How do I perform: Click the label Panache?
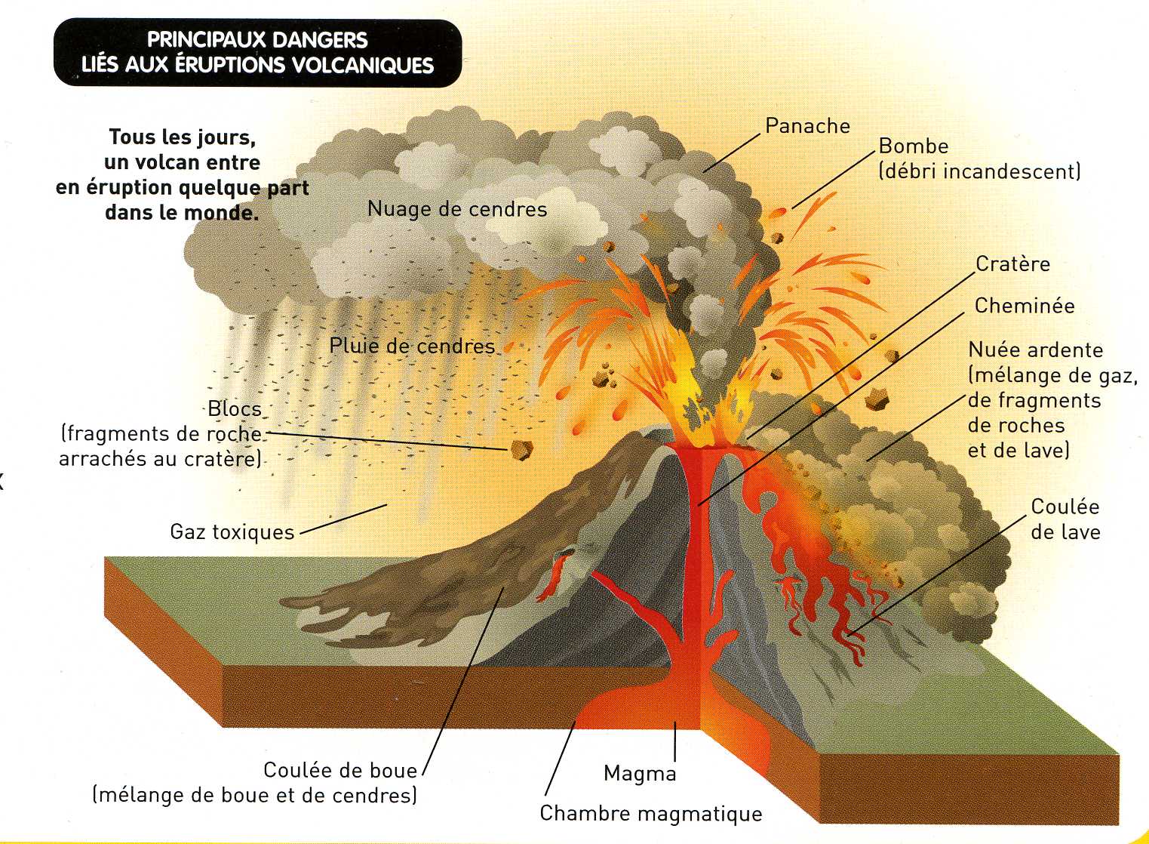point(807,126)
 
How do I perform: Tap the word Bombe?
point(914,146)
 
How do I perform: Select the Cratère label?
point(1012,264)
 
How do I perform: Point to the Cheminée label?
point(1025,306)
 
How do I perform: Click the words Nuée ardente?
point(1036,350)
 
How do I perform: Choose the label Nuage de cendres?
point(457,209)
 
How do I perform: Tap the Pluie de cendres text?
point(412,346)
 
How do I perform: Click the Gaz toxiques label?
point(232,532)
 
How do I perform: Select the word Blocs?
point(235,409)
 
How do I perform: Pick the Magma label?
point(640,773)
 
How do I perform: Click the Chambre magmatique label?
point(651,813)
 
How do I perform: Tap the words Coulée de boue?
point(340,770)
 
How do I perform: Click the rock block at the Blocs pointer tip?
point(521,450)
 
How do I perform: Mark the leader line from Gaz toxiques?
point(343,519)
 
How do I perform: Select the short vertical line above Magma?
point(675,741)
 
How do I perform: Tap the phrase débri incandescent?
point(980,171)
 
